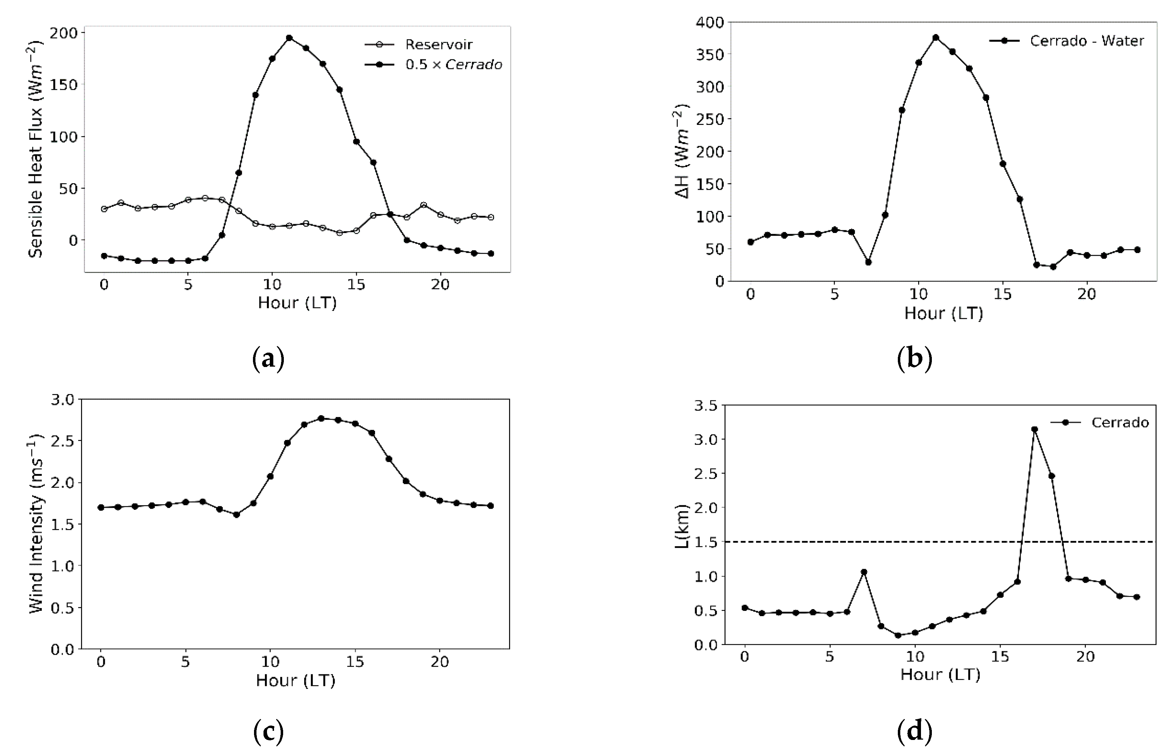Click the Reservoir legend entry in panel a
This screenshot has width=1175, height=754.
[x=438, y=45]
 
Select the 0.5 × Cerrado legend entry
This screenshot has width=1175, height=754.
[x=453, y=65]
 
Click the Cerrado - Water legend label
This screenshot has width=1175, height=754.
[x=1086, y=41]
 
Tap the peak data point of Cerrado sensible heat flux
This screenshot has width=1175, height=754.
[x=289, y=38]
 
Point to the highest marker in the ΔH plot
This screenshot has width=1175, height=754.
[x=936, y=38]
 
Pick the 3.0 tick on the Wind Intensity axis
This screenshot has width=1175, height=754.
[x=62, y=400]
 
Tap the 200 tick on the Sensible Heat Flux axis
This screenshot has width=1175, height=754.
[x=65, y=33]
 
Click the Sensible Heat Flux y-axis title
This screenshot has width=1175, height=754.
[x=35, y=149]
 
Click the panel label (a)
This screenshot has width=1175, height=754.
[x=268, y=359]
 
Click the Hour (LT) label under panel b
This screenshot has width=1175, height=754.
[x=943, y=313]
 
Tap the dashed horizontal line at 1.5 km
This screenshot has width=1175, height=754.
[x=881, y=542]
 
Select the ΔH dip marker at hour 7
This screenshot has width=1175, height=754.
[x=868, y=262]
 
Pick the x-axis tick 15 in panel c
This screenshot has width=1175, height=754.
[x=355, y=662]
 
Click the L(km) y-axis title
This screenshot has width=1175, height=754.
[x=682, y=526]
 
